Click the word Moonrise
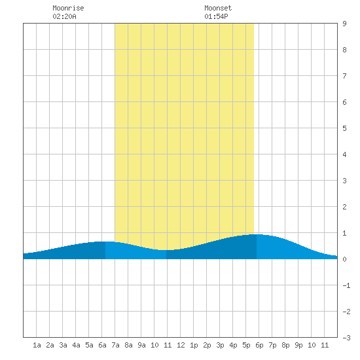pyautogui.click(x=68, y=8)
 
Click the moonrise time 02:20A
pyautogui.click(x=64, y=16)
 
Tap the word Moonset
pyautogui.click(x=218, y=8)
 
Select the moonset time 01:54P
pyautogui.click(x=216, y=16)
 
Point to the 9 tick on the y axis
pyautogui.click(x=344, y=24)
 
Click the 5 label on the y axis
pyautogui.click(x=344, y=128)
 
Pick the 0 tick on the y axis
pyautogui.click(x=344, y=259)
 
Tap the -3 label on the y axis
pyautogui.click(x=346, y=338)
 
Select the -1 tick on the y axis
pyautogui.click(x=346, y=285)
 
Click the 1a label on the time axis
pyautogui.click(x=37, y=345)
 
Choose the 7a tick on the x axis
pyautogui.click(x=115, y=345)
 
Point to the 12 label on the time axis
pyautogui.click(x=181, y=345)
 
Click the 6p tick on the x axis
pyautogui.click(x=259, y=345)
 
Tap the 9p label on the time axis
pyautogui.click(x=298, y=345)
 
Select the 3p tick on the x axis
pyautogui.click(x=220, y=345)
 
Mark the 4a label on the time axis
pyautogui.click(x=76, y=345)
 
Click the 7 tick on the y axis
pyautogui.click(x=344, y=76)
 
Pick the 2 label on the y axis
pyautogui.click(x=344, y=207)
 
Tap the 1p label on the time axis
pyautogui.click(x=194, y=345)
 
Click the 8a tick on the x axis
pyautogui.click(x=128, y=345)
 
